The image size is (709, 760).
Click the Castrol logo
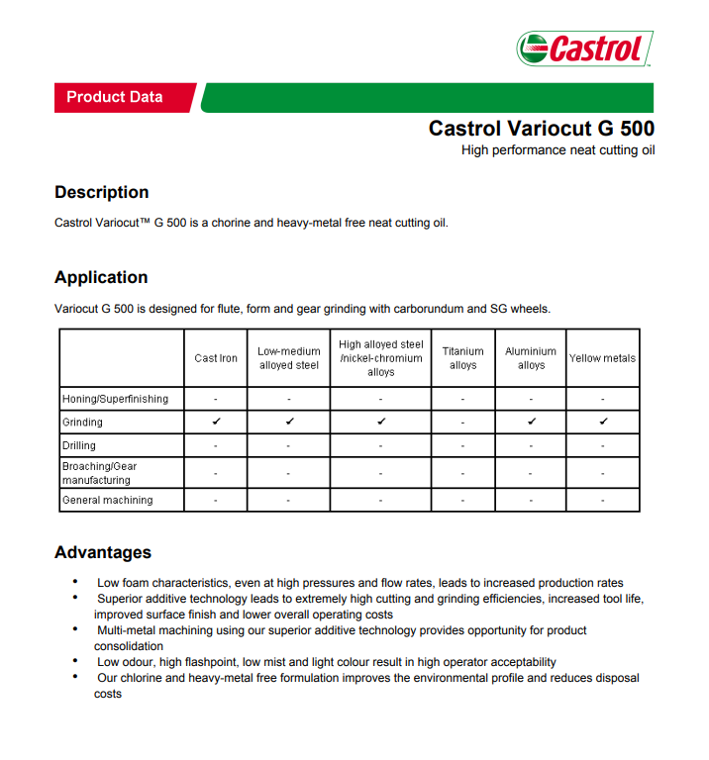(x=584, y=47)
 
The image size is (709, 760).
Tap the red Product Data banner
(x=115, y=97)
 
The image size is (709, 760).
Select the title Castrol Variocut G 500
(x=541, y=129)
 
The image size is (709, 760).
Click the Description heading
(x=101, y=192)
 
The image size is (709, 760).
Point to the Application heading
(x=101, y=277)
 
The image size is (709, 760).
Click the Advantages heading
(x=103, y=552)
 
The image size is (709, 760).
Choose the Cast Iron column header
(x=216, y=358)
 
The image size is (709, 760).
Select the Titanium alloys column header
(x=463, y=358)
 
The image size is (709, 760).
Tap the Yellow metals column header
(x=602, y=358)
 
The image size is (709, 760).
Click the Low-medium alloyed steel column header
(x=289, y=358)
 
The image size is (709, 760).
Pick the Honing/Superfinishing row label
(x=115, y=399)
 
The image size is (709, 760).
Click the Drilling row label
(x=79, y=445)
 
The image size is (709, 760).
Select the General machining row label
(x=108, y=500)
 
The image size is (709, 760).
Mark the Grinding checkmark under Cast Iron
(x=216, y=422)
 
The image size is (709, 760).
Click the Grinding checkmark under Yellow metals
(x=603, y=422)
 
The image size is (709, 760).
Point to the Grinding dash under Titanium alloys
(x=463, y=423)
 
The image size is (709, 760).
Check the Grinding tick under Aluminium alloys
(x=532, y=422)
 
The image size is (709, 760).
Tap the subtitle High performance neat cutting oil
(x=557, y=150)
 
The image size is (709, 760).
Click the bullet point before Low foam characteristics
(x=76, y=582)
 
